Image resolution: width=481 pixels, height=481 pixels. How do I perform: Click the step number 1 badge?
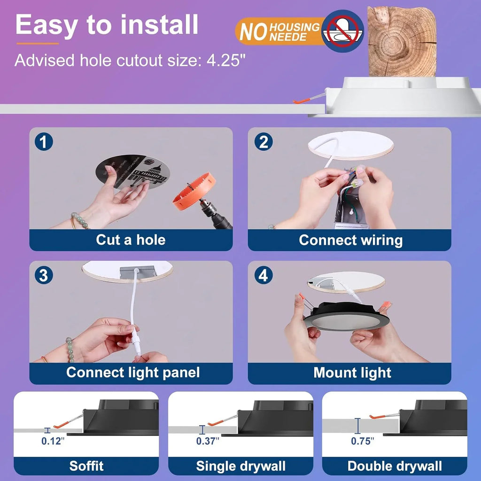(44, 142)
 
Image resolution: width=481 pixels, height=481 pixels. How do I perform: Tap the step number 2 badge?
(263, 142)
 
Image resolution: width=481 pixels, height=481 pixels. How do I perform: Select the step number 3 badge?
(44, 276)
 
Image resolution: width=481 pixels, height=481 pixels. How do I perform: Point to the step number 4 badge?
(263, 276)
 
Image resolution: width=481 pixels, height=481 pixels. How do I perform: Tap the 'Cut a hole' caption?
(131, 240)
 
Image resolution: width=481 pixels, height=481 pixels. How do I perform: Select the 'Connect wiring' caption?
(350, 240)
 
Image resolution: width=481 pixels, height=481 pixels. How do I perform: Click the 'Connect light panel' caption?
(132, 372)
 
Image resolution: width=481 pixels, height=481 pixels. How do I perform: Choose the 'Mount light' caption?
(352, 373)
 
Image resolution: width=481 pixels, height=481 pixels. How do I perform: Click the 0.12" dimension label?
(53, 441)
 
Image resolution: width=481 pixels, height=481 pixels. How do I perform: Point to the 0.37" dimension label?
(208, 441)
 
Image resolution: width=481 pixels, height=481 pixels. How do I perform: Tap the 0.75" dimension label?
(363, 441)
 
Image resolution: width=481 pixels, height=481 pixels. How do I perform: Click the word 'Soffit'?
(86, 466)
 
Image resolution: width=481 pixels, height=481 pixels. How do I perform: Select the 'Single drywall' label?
(240, 466)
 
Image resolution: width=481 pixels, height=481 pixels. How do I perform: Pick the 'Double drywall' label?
(395, 466)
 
